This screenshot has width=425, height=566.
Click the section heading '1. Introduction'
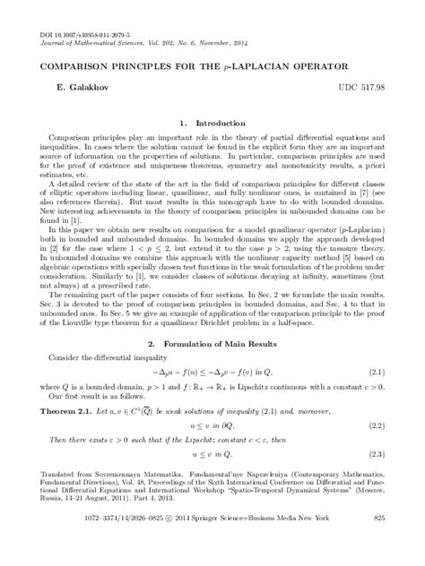click(212, 123)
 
